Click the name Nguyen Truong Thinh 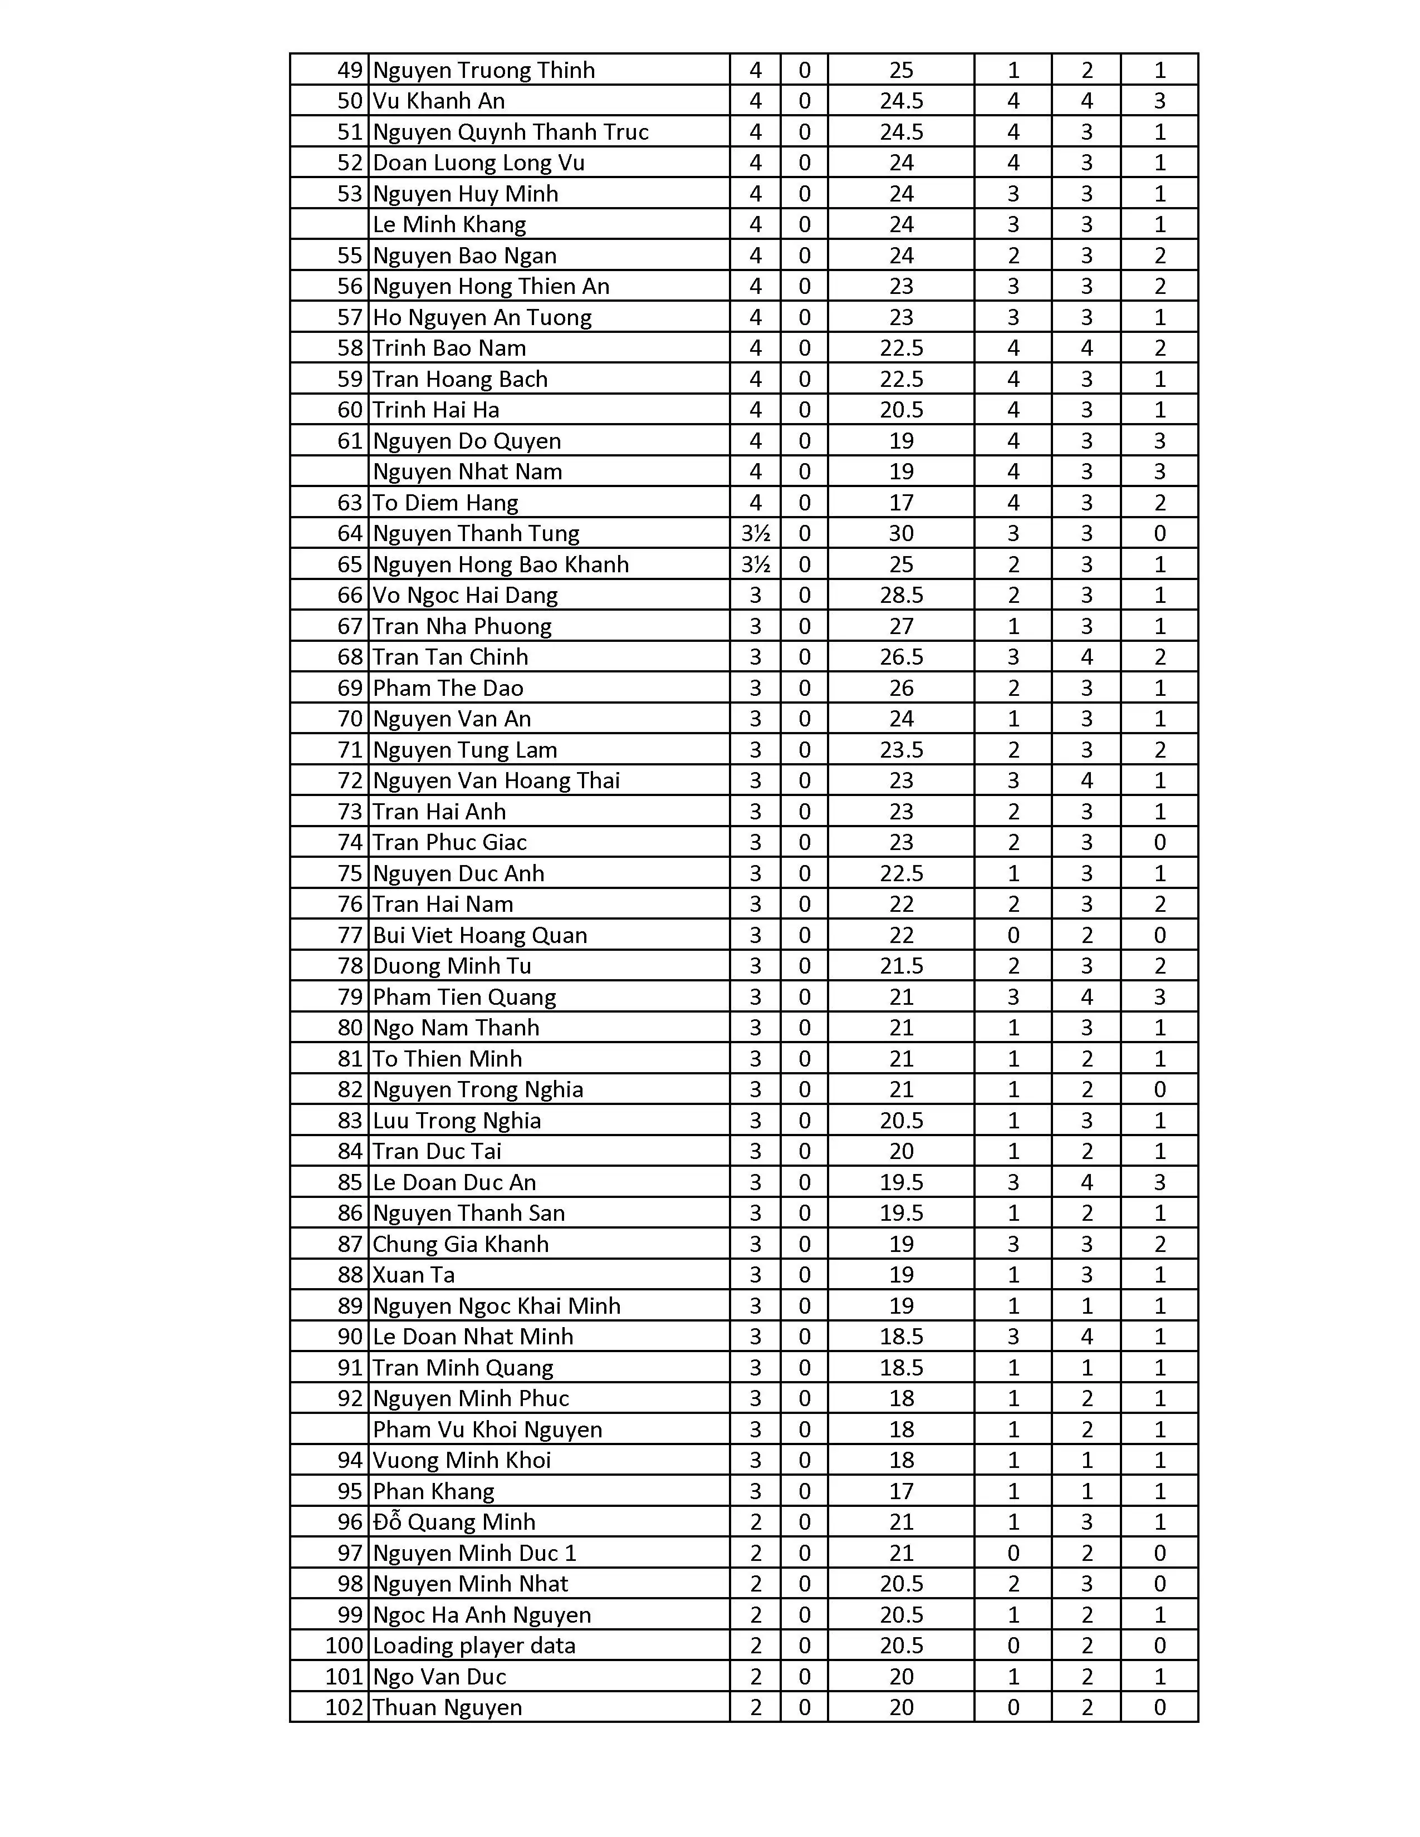click(484, 70)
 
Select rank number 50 click(349, 101)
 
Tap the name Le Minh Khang click(449, 224)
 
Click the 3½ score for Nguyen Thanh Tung click(755, 533)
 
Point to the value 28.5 click(901, 596)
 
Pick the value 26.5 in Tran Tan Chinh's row click(901, 657)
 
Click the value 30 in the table click(901, 533)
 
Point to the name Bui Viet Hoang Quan click(479, 935)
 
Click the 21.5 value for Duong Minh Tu click(901, 966)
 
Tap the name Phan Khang click(433, 1491)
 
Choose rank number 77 click(349, 935)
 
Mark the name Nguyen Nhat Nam click(467, 472)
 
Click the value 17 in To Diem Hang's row click(901, 503)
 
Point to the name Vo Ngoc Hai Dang click(465, 596)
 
